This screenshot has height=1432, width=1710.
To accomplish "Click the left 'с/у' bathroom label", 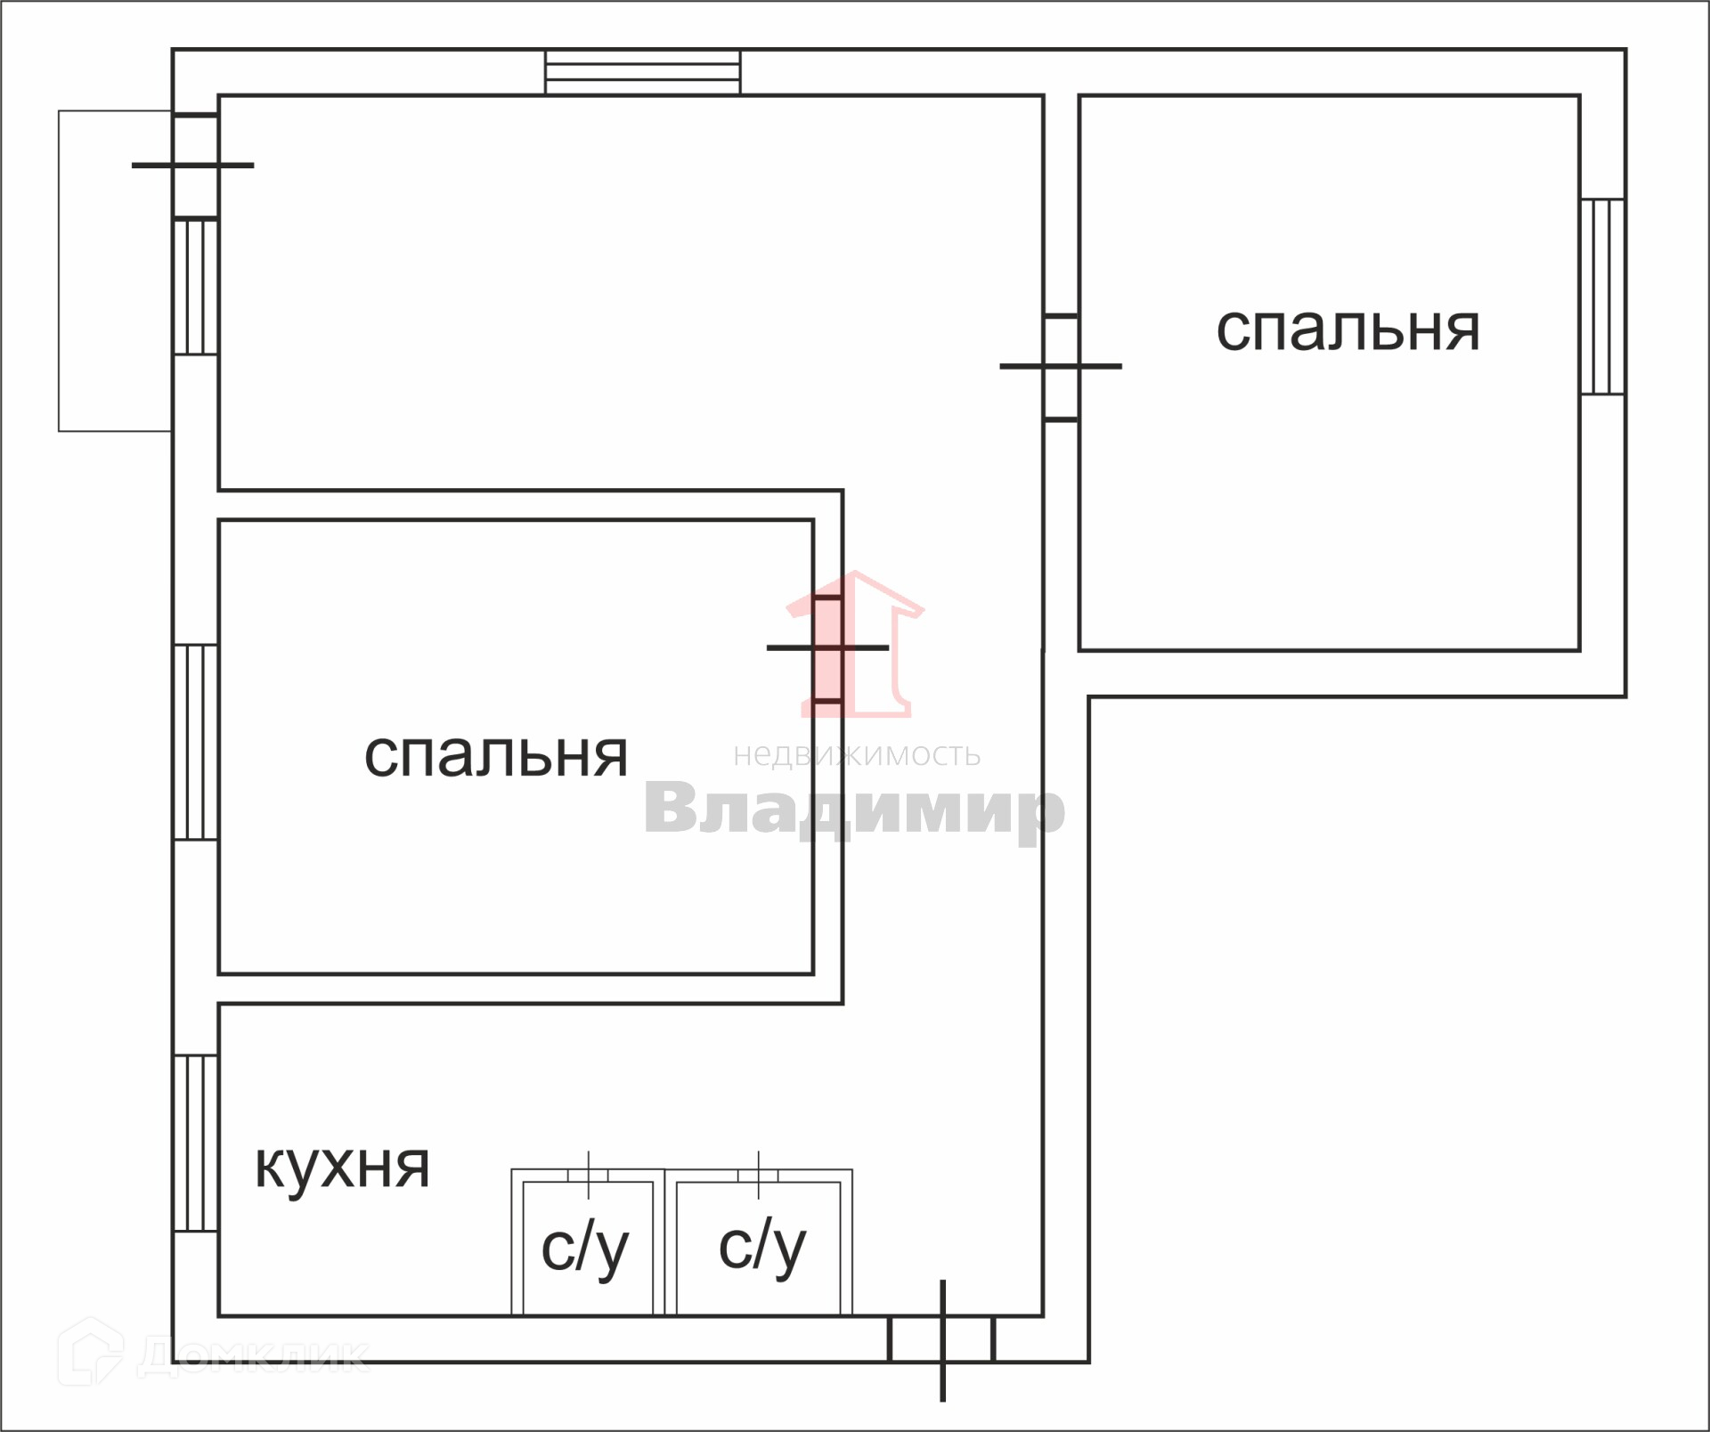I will (585, 1248).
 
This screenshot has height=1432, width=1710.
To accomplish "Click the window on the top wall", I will (642, 72).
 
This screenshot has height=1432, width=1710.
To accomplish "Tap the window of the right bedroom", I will (1602, 297).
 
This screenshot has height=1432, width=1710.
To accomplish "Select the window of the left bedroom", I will (196, 742).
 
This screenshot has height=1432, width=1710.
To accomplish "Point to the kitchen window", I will (196, 1143).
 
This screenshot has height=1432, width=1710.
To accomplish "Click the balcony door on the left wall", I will (195, 166).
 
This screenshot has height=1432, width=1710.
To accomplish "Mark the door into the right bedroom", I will (1061, 366).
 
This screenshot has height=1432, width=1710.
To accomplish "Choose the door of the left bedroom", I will (827, 648).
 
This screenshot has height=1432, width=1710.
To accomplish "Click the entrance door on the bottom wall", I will (942, 1339).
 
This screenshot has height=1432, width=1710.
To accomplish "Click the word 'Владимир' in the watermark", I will (854, 808).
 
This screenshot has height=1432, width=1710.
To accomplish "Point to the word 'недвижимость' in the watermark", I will (857, 755).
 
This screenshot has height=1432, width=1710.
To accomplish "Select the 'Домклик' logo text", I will (254, 1355).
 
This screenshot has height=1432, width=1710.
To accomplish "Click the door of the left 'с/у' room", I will (589, 1175).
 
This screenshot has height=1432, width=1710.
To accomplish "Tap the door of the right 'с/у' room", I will (758, 1175).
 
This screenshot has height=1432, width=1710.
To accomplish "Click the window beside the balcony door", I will (196, 287).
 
